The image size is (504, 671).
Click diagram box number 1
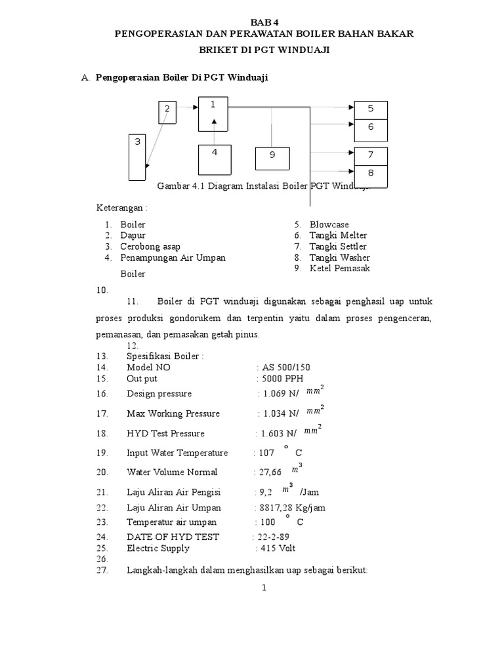215,114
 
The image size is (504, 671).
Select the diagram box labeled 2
167,112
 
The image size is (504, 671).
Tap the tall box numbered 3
137,157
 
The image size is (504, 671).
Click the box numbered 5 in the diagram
371,110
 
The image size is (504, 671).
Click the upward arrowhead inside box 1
215,122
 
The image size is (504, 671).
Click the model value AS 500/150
286,368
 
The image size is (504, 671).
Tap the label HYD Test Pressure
165,433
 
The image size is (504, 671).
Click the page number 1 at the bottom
263,588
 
